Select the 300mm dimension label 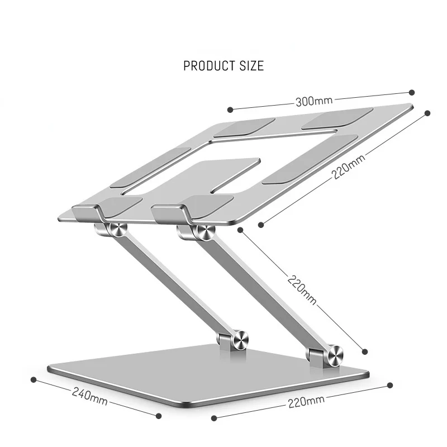313,101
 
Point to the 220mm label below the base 306,400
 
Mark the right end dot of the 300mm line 412,92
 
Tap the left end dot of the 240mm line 33,379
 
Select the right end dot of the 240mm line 159,415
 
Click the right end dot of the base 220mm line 390,384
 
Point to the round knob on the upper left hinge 117,230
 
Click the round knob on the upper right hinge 202,232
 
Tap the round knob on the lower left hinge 241,339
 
